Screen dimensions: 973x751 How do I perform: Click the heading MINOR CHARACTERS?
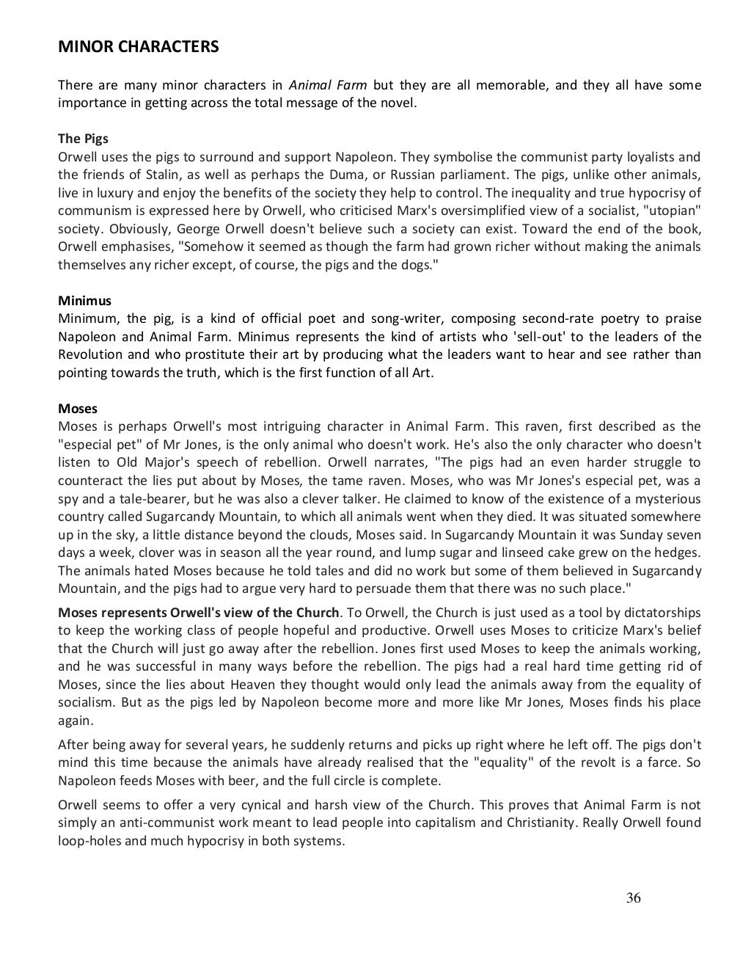point(138,48)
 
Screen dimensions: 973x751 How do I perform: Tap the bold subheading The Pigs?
point(84,139)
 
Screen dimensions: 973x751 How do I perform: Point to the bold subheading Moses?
point(78,409)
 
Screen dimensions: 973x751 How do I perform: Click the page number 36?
point(634,898)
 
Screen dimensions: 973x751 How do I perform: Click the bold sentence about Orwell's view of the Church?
point(199,613)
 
